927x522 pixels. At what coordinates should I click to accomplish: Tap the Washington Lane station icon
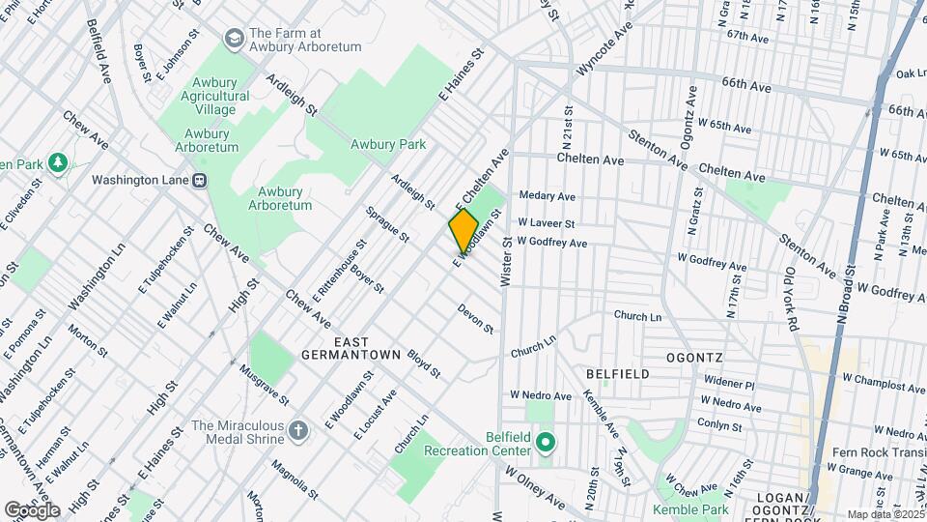(200, 180)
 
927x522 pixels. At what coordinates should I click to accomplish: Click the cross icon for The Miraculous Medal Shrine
(300, 429)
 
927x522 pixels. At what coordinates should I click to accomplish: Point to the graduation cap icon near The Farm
(233, 39)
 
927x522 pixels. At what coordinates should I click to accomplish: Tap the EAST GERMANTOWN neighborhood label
(352, 349)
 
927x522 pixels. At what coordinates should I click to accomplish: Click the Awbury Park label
(388, 145)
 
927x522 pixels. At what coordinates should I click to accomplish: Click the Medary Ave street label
(548, 195)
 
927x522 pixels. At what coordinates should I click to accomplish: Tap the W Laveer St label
(547, 222)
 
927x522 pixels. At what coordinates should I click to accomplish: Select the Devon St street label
(476, 320)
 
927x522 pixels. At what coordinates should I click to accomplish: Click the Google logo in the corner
(31, 509)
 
